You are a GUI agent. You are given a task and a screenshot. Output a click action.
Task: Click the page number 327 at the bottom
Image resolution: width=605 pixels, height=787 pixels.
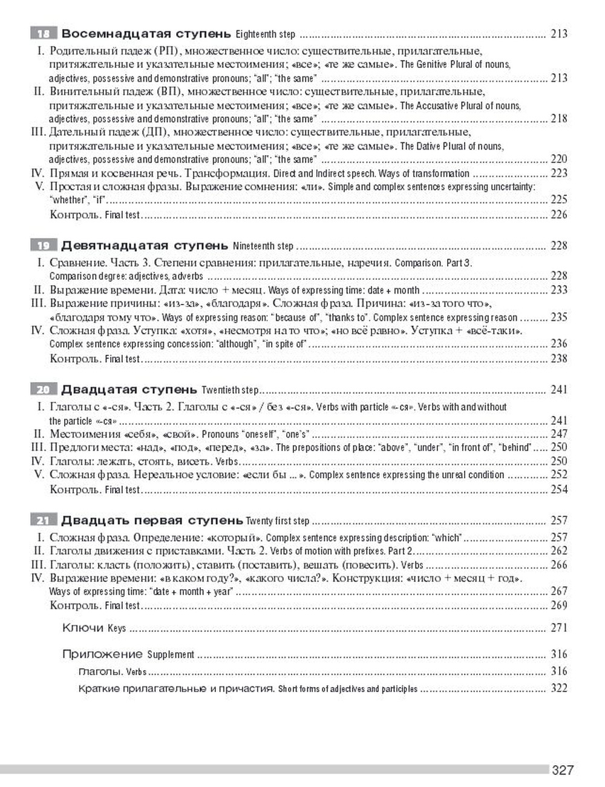562,770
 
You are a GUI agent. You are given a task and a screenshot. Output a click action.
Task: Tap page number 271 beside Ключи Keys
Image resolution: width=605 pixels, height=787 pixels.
558,628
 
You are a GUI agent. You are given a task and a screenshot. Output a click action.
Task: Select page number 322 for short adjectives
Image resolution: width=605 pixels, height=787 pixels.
558,688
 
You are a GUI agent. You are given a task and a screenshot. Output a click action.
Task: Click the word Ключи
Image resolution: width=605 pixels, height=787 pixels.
83,628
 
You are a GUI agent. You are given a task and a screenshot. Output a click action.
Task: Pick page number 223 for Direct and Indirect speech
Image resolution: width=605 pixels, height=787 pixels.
558,173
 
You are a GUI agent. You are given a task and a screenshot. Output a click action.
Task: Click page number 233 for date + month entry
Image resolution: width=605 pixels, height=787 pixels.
558,290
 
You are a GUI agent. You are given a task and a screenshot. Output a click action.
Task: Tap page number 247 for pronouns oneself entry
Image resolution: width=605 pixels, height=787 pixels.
558,434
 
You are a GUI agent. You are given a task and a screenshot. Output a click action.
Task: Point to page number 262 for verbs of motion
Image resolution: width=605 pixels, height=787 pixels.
558,551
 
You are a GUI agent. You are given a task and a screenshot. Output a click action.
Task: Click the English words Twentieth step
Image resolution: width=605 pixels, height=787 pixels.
230,390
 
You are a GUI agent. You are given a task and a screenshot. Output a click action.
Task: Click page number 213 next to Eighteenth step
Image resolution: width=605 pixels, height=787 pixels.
558,34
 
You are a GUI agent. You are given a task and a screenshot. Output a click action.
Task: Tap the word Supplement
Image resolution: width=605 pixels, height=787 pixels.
171,654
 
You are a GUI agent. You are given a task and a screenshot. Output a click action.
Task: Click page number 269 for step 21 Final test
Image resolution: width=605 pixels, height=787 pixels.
558,605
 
